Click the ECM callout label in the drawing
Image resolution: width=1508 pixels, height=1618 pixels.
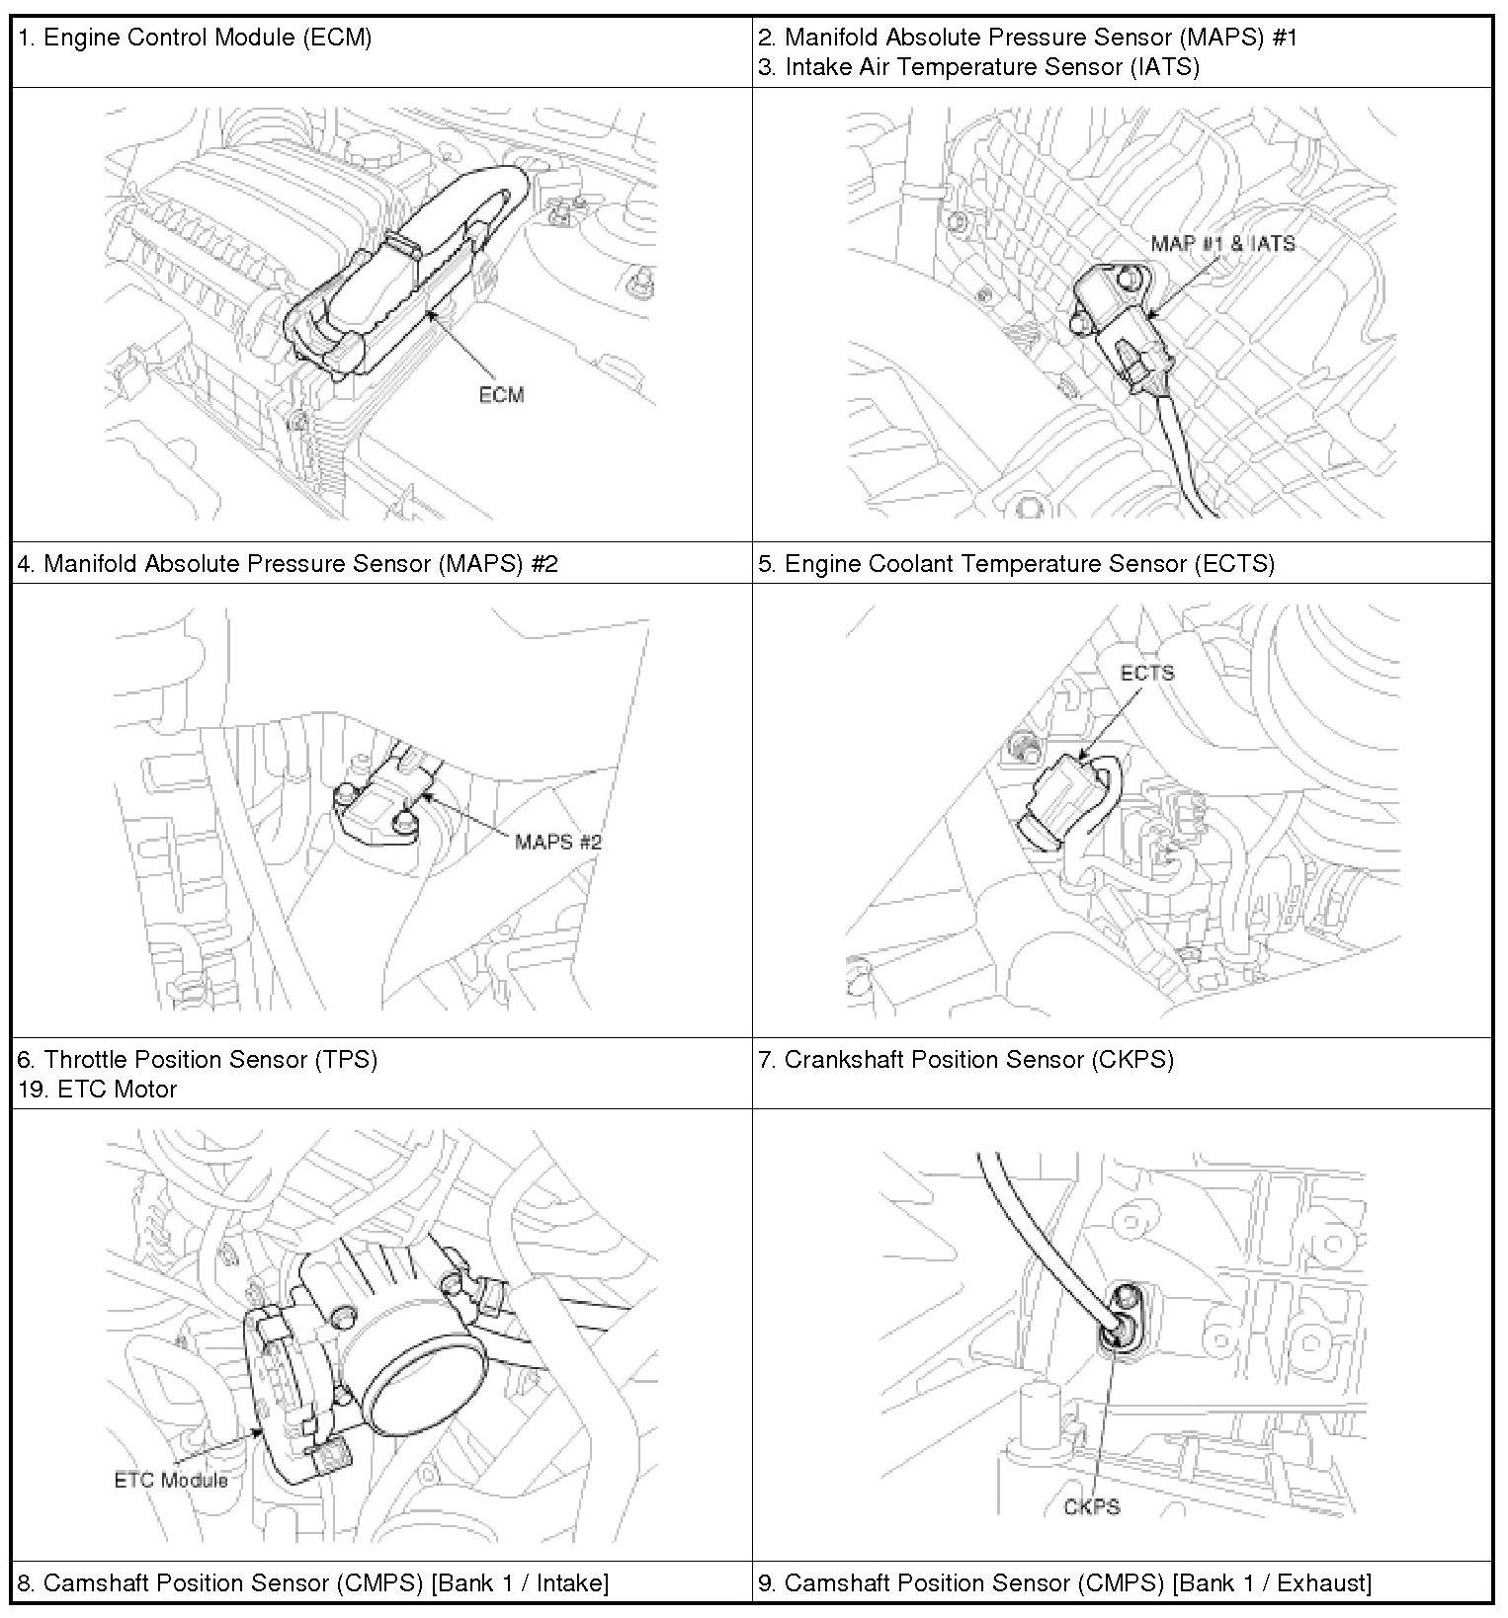501,395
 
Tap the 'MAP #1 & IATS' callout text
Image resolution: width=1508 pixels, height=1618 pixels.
1222,244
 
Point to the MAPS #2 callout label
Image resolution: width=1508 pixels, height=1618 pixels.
557,842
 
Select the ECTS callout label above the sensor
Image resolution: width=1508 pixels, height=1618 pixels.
1146,673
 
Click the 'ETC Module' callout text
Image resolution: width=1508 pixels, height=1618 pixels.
171,1479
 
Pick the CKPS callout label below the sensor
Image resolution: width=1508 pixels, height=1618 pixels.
1091,1506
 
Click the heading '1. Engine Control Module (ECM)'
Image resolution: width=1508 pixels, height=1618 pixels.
195,38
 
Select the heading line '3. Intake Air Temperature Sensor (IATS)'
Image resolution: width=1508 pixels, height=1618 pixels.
978,66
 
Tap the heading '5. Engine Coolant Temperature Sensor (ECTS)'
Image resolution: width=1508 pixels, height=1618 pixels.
1016,563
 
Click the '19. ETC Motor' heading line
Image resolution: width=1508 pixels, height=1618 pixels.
97,1089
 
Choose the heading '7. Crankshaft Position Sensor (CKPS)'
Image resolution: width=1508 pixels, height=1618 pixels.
965,1059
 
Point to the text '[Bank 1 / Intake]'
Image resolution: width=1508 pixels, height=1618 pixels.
520,1582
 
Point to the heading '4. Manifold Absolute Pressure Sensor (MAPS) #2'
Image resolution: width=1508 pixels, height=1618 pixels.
288,563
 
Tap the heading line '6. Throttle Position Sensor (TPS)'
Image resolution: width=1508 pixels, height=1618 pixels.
198,1059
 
